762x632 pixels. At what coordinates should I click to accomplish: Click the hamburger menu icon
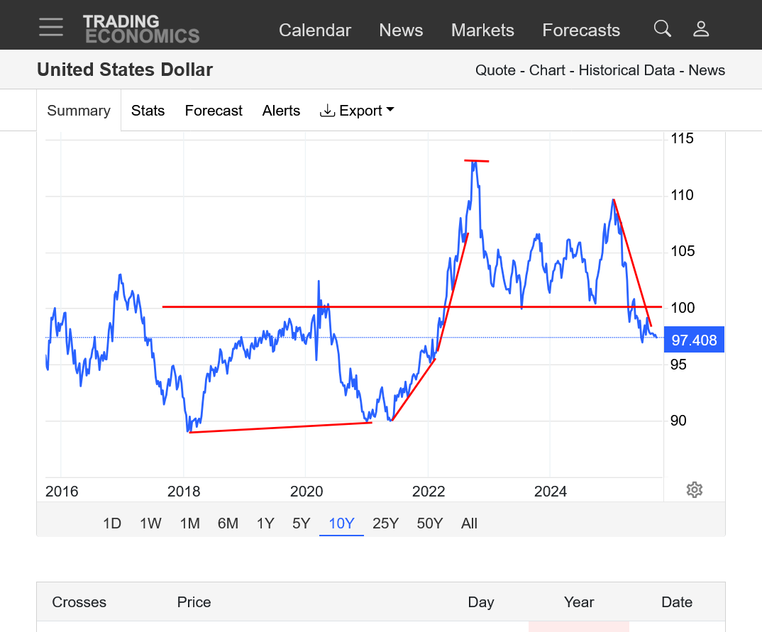51,28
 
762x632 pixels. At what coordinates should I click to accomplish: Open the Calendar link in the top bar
315,31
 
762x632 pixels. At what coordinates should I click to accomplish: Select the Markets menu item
482,31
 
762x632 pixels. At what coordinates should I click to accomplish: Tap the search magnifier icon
662,28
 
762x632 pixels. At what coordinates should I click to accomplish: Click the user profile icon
701,28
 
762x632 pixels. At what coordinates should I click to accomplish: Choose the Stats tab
148,111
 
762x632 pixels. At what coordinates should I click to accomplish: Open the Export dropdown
358,111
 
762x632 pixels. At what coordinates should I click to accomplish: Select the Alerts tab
281,111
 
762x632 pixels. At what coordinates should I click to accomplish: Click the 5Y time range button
302,523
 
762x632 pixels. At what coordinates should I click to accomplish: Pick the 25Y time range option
385,523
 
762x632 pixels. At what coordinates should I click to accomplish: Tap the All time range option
469,523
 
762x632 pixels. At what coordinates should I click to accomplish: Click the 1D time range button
112,523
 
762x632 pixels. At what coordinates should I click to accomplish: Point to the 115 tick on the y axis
683,138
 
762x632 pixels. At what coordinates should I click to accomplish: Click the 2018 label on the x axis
184,492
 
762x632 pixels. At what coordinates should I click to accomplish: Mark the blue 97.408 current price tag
694,340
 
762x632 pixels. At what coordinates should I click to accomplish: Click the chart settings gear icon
695,490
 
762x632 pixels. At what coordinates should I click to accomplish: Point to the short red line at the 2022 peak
477,161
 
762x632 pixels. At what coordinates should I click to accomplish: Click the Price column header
194,602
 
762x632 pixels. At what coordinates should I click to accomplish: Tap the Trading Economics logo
140,29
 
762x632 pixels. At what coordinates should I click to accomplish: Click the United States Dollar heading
125,70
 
